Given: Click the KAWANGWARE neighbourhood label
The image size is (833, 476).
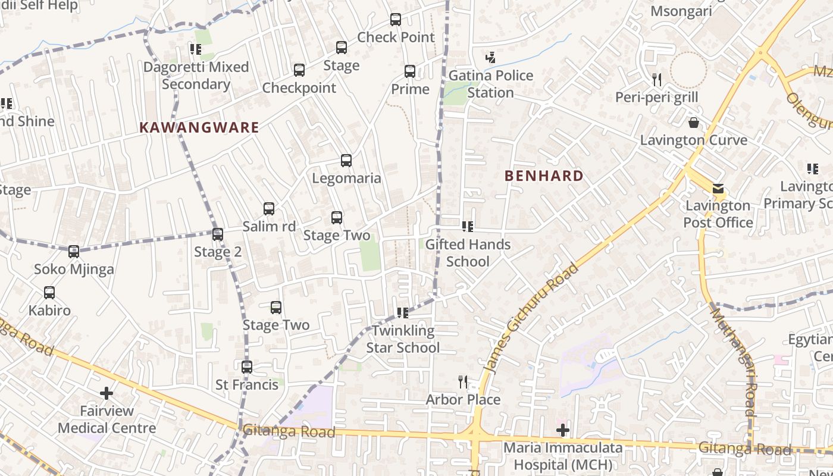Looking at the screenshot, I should (x=199, y=127).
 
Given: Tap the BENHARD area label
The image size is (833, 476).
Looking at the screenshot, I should (x=544, y=176).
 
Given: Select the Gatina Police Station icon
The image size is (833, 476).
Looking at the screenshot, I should (x=490, y=58).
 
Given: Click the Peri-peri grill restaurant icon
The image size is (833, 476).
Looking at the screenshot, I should (x=657, y=79).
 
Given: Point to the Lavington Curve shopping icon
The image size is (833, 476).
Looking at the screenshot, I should (x=693, y=123).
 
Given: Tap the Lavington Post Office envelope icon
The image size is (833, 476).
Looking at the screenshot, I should (x=718, y=189).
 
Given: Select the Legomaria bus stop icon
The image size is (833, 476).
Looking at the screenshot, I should (x=346, y=161).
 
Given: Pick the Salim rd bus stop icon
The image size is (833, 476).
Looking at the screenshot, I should (x=269, y=209).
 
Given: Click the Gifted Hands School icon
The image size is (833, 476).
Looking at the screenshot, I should (x=468, y=227).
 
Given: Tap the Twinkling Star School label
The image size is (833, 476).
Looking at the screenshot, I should (x=403, y=339).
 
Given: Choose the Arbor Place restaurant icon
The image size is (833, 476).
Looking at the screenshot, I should (x=463, y=381).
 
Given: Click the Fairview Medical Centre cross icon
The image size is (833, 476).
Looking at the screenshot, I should (x=107, y=393).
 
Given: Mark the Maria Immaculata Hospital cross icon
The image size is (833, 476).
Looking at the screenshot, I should (x=562, y=430).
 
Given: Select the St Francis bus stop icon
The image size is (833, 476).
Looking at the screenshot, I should (x=247, y=367).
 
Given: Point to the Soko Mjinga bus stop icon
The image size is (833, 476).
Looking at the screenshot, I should (x=74, y=252).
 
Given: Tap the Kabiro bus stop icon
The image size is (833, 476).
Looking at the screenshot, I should (x=49, y=293).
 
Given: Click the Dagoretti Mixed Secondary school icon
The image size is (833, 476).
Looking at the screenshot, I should (x=195, y=49).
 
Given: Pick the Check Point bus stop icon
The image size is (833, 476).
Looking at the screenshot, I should (x=396, y=20).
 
